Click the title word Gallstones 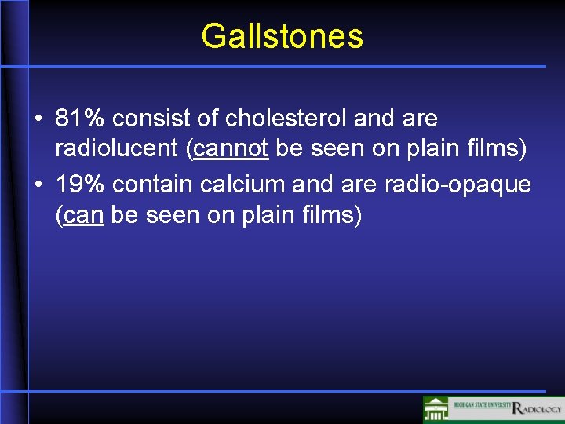pyautogui.click(x=282, y=36)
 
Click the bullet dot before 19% pyautogui.click(x=38, y=186)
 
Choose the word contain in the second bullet pyautogui.click(x=152, y=185)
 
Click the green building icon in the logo pyautogui.click(x=436, y=410)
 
